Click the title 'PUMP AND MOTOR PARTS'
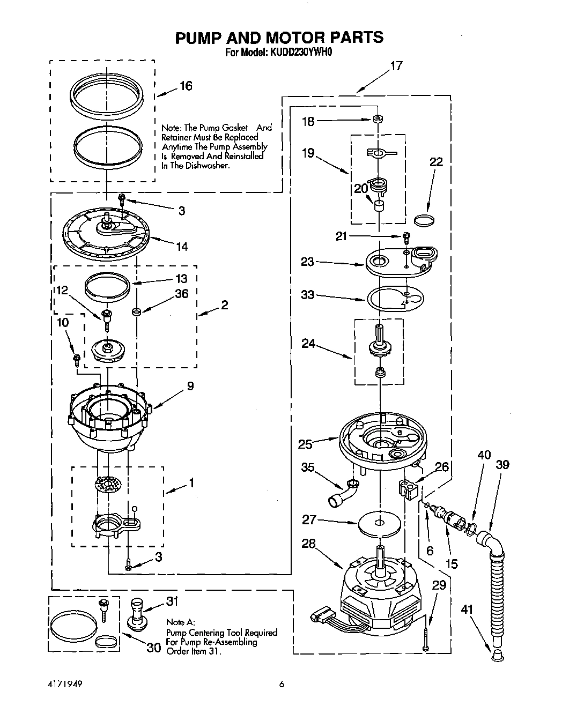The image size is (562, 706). tap(279, 38)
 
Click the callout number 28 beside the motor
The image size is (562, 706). tap(309, 543)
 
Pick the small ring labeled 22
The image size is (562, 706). tap(425, 219)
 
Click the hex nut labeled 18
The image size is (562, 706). tap(378, 118)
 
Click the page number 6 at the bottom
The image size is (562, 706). tap(280, 683)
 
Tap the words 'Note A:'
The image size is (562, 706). tap(178, 622)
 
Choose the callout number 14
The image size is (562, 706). tap(181, 247)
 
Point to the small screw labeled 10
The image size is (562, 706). tap(77, 359)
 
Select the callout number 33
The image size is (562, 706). tap(308, 295)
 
